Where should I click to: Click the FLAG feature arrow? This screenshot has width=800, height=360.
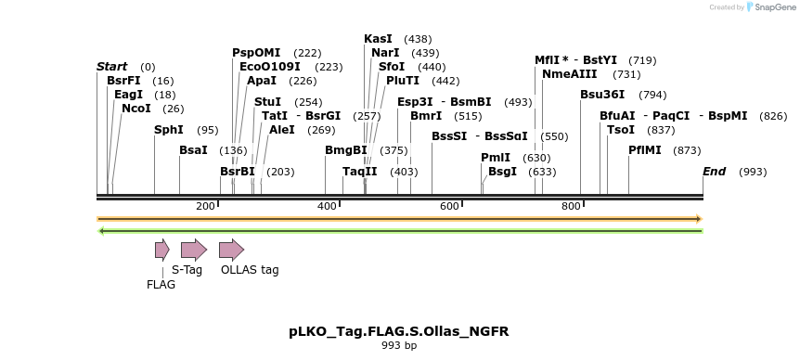tap(161, 249)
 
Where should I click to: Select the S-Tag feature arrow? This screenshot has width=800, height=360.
tap(193, 249)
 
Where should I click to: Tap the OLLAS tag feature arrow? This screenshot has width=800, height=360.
tap(231, 249)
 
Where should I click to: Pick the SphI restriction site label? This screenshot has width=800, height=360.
tap(169, 130)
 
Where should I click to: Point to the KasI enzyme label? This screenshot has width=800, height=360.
tap(378, 39)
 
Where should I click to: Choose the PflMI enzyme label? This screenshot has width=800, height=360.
tap(645, 150)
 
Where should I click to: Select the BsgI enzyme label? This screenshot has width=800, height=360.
tap(502, 172)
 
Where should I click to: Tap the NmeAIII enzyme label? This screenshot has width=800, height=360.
tap(563, 74)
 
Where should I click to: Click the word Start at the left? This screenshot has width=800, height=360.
tap(111, 67)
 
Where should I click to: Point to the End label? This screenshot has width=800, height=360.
tap(714, 172)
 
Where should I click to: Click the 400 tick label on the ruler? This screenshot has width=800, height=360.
tap(327, 206)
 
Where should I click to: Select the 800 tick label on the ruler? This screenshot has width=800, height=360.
tap(570, 206)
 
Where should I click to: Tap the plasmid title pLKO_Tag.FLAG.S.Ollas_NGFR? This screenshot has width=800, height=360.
tap(399, 331)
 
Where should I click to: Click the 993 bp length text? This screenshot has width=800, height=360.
tap(399, 346)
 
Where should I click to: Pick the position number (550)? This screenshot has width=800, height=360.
tap(554, 136)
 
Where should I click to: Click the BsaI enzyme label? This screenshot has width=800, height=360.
tap(193, 150)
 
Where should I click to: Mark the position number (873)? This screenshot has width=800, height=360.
tap(687, 150)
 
